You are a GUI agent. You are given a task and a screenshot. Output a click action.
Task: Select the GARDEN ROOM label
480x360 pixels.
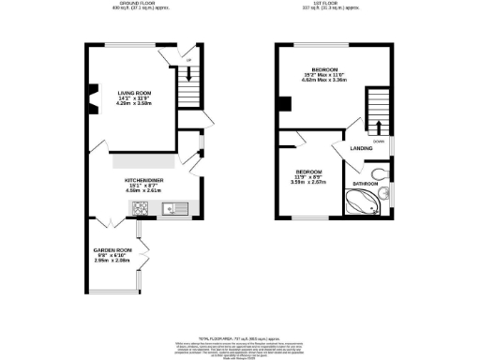pyautogui.click(x=112, y=224)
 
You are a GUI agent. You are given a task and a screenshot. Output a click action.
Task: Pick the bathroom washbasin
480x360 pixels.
pyautogui.click(x=387, y=193)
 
